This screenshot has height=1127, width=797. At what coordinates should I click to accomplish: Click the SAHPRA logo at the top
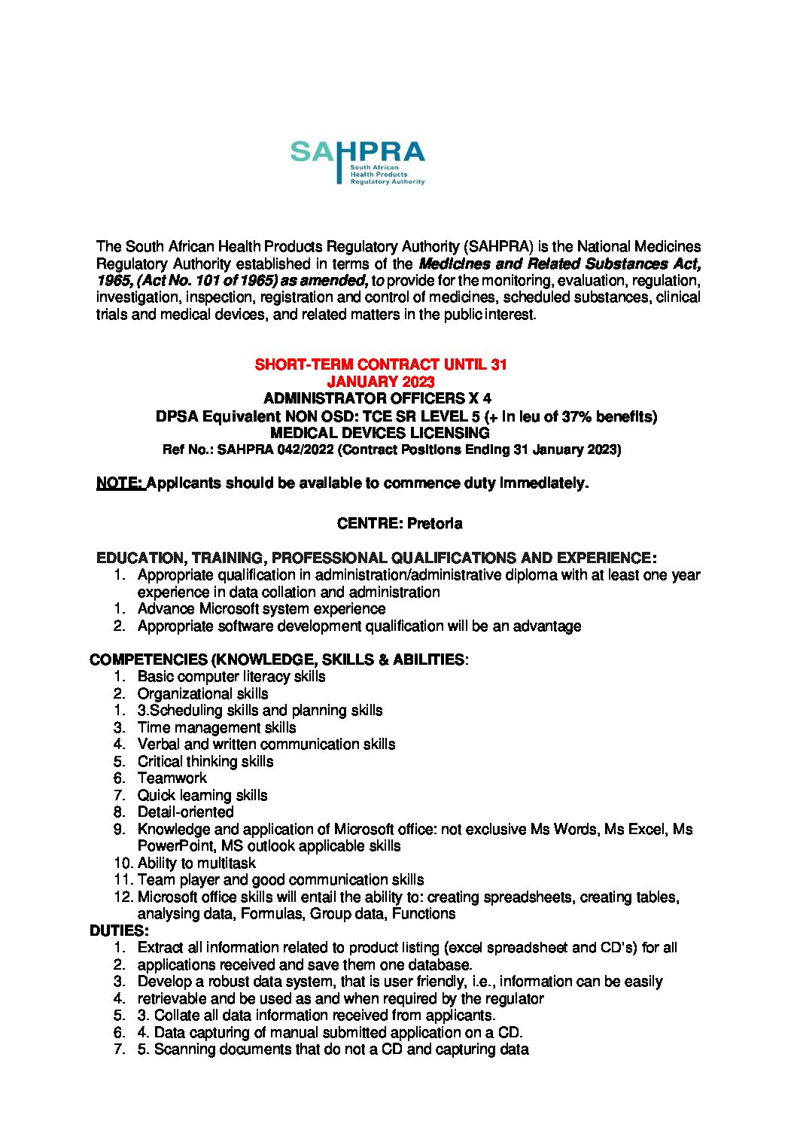tap(357, 161)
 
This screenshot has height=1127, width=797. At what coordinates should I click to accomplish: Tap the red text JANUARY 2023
tap(380, 382)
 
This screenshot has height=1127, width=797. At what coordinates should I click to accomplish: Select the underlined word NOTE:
tap(120, 483)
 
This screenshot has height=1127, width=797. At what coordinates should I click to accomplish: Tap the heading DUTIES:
tap(119, 931)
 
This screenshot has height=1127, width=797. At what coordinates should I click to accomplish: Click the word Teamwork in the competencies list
tap(172, 778)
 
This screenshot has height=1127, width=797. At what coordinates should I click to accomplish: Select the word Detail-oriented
tap(185, 812)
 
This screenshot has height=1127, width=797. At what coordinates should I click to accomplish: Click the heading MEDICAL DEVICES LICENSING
tap(379, 433)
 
